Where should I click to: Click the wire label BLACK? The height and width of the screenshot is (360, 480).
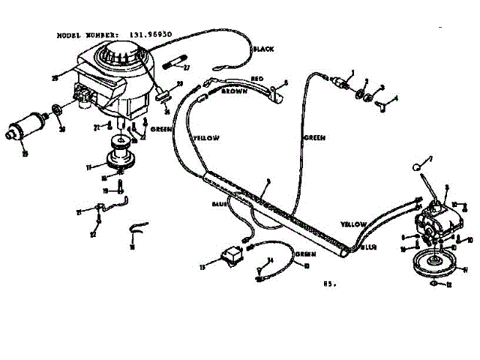point(263,49)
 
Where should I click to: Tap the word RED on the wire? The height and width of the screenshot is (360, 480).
point(256,77)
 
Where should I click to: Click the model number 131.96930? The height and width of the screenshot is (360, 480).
point(145,34)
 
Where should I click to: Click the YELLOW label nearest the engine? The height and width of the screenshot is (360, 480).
point(206,138)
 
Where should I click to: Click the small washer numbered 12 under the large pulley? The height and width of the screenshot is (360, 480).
point(435,283)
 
